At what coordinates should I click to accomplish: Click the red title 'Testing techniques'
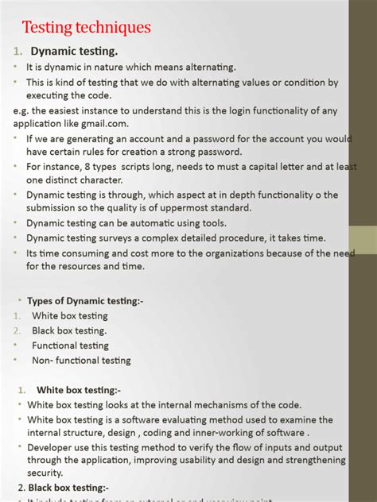tap(86, 28)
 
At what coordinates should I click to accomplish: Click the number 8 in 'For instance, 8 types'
tap(97, 167)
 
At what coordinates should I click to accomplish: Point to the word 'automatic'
tap(155, 223)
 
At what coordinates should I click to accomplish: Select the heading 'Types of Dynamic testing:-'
tap(85, 301)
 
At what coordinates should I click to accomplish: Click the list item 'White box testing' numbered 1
tap(70, 315)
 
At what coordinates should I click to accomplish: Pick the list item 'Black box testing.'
tap(69, 330)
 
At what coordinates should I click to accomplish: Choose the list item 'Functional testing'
tap(70, 346)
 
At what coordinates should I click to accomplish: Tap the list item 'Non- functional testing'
tap(81, 361)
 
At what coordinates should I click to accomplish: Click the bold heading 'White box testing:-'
tap(79, 390)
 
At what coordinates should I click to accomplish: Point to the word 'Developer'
tap(52, 448)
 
